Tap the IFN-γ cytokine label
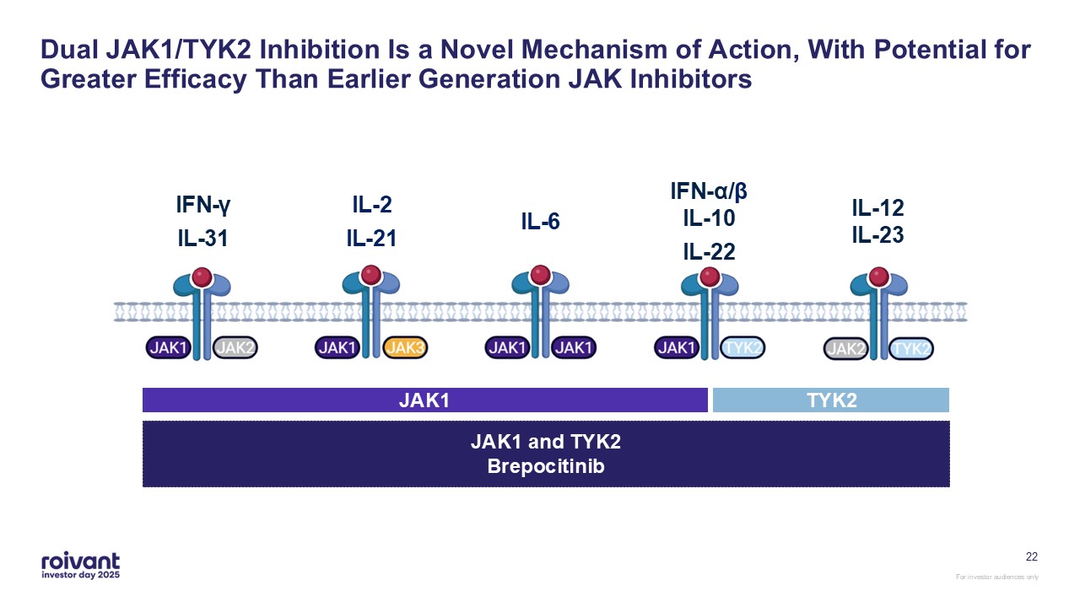(x=202, y=205)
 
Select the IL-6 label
(x=540, y=222)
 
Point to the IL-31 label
(x=202, y=239)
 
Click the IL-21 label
(x=371, y=239)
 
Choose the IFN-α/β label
(x=709, y=191)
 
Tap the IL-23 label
(x=877, y=235)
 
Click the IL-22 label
(x=709, y=252)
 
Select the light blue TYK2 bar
(x=831, y=400)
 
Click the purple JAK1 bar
(x=424, y=400)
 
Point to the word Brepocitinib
(x=546, y=466)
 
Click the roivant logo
(x=80, y=566)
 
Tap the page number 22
(x=1031, y=556)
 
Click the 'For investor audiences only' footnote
(x=996, y=577)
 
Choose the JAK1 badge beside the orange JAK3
(x=337, y=347)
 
